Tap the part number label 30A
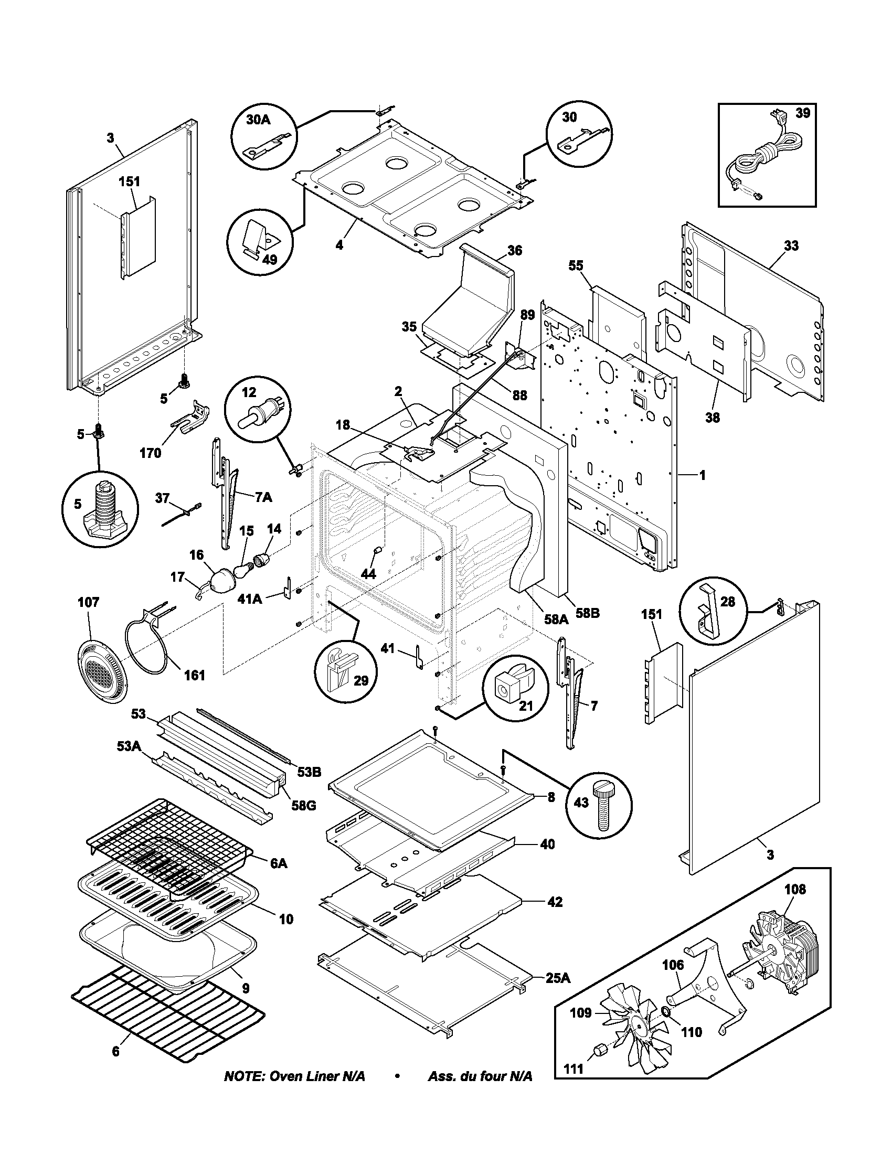tap(258, 121)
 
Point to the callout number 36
tap(514, 250)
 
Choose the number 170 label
tap(150, 453)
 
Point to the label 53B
tap(309, 772)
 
